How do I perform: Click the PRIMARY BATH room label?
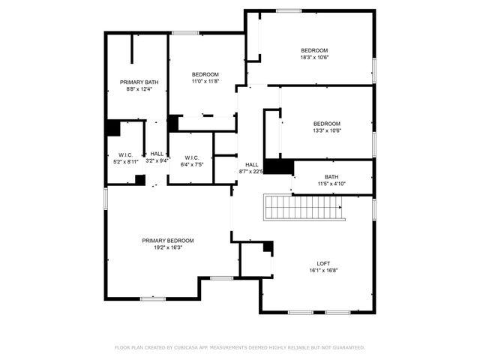(139, 82)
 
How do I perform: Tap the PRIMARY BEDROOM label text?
(168, 241)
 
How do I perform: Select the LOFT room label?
(323, 263)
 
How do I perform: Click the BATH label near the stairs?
(331, 177)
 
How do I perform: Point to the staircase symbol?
(302, 206)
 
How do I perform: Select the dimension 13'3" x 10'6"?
(326, 130)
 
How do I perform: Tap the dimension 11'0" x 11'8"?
(205, 81)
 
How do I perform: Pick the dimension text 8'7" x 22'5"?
(251, 171)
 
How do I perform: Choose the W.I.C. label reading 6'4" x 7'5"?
(190, 164)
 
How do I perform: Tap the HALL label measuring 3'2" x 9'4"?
(157, 160)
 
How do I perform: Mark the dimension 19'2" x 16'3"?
(168, 247)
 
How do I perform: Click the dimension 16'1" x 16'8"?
(323, 270)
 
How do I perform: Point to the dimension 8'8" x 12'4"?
(139, 89)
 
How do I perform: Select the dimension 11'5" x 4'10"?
(331, 184)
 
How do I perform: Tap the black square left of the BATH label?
(277, 166)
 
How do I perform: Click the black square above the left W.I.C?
(112, 128)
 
